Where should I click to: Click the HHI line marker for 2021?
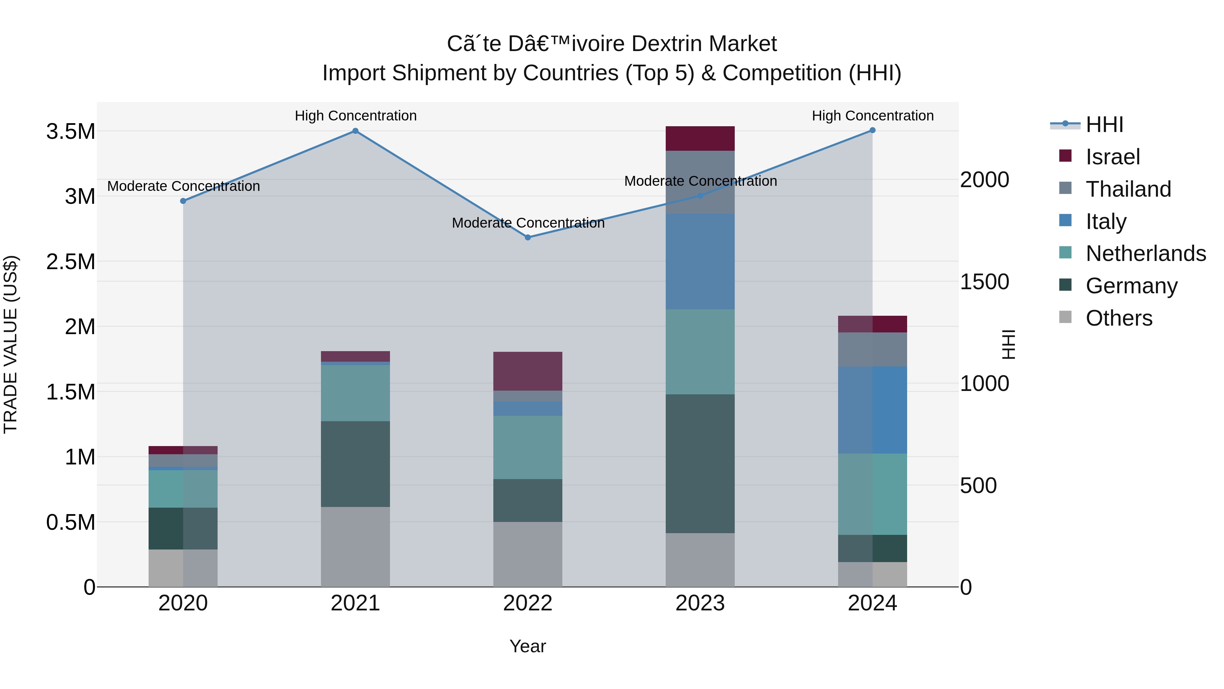point(355,131)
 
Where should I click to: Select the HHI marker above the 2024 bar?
point(872,130)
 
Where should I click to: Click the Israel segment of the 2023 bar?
point(700,138)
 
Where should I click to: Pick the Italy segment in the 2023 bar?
point(700,262)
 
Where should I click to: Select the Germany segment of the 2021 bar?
point(355,464)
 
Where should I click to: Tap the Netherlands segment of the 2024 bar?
point(872,494)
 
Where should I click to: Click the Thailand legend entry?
point(1128,189)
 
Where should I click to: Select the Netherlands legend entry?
point(1145,253)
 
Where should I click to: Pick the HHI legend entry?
point(1104,125)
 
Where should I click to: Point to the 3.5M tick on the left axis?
point(71,132)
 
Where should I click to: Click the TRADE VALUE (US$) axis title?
point(11,344)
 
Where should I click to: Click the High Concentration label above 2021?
point(355,116)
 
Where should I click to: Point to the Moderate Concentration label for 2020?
point(183,186)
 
